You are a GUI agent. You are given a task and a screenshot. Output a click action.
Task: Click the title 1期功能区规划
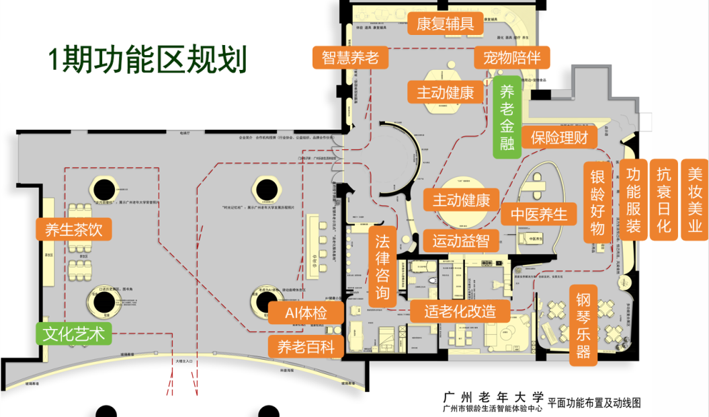coord(147,59)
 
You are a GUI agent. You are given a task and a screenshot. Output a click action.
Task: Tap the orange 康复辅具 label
coord(446,24)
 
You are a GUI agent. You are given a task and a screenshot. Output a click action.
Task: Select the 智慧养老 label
coord(350,57)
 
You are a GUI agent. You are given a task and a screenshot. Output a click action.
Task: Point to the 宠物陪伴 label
coord(512,57)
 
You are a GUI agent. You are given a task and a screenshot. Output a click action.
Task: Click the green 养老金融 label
coord(507,117)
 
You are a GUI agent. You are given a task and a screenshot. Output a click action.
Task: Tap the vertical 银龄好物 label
coord(597,202)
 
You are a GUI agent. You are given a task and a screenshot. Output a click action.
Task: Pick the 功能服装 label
coord(633,200)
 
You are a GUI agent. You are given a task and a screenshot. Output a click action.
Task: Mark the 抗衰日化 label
coord(664,200)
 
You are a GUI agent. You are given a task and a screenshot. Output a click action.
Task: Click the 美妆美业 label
coord(695,200)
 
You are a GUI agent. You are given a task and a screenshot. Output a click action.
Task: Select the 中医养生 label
coord(538,215)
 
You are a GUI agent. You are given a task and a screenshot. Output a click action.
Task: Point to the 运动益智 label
coord(460,239)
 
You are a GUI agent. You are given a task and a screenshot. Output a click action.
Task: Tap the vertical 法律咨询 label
coord(382,266)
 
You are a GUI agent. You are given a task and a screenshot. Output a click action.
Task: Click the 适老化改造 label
coord(460,310)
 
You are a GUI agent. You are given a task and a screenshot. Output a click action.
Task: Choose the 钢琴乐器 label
coord(583,326)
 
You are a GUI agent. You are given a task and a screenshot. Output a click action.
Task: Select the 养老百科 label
coord(306,346)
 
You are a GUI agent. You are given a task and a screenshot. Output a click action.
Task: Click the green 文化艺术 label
coord(74,334)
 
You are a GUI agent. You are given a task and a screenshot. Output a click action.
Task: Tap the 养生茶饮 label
coord(74,229)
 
